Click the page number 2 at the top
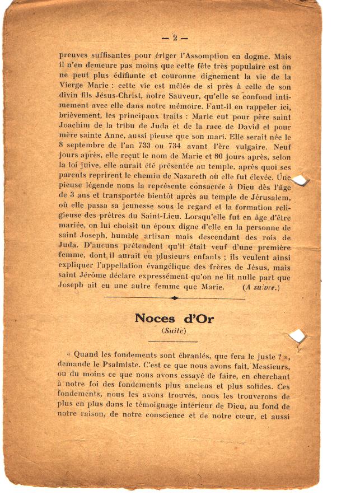(174, 38)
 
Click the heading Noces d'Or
(174, 318)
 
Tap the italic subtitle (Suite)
(174, 331)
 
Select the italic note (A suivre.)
(261, 288)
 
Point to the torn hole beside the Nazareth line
(301, 180)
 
